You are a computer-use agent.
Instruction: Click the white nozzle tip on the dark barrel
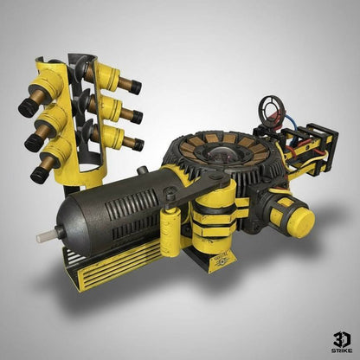[43, 235]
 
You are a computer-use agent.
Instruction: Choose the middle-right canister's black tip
[136, 116]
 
